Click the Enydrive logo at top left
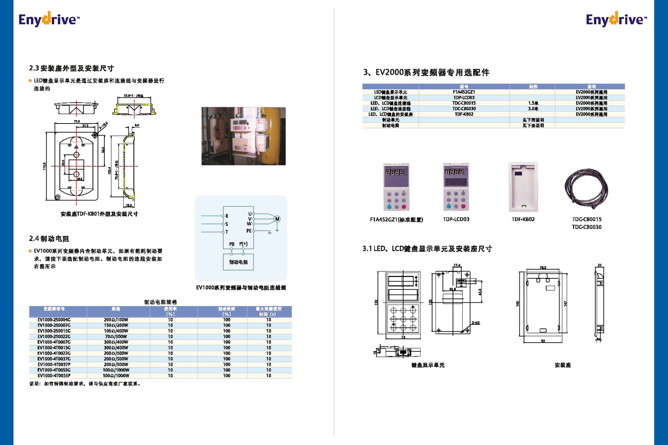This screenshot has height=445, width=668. point(49,19)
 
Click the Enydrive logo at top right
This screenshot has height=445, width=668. point(616,19)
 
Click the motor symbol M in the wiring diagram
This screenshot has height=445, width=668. point(277,219)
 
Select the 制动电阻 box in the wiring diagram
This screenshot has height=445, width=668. point(238,262)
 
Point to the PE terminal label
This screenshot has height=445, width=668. point(249,231)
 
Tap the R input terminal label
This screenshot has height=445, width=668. point(227,216)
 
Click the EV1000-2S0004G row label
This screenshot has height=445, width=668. point(54,320)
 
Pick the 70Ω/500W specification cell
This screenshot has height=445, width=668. point(116,336)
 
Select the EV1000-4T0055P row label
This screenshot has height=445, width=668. point(54,375)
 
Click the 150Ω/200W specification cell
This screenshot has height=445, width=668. point(116,325)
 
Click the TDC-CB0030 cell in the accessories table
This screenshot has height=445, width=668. point(464,109)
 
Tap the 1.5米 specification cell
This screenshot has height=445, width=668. point(533,103)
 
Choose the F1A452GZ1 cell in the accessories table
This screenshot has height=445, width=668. point(464,92)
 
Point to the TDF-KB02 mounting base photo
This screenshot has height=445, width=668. point(523,187)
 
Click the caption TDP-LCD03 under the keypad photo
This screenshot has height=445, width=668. point(456,219)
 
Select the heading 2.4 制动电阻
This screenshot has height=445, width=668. point(49,239)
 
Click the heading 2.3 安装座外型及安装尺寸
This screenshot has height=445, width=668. point(71,68)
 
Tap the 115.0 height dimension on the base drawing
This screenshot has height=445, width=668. point(44,166)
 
